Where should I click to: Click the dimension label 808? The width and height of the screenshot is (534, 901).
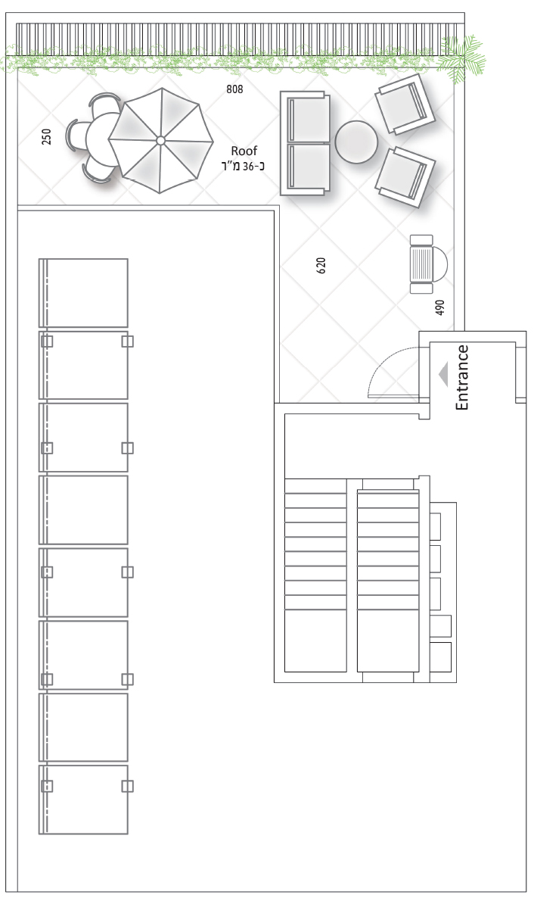[x=234, y=89]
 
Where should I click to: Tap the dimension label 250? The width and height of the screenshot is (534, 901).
[x=46, y=137]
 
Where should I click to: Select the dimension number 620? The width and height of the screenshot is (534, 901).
[x=321, y=265]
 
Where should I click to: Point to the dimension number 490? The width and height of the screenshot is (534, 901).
[x=440, y=308]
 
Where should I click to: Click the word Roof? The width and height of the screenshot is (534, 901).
[x=244, y=151]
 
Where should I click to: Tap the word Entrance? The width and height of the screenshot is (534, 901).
[x=462, y=378]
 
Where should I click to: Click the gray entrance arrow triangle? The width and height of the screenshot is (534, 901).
[x=443, y=375]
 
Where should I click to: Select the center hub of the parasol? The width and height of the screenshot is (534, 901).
[x=160, y=140]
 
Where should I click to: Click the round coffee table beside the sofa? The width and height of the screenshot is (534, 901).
[x=356, y=142]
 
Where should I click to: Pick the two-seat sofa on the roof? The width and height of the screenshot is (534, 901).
[x=306, y=143]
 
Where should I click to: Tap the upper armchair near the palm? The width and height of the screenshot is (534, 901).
[x=404, y=104]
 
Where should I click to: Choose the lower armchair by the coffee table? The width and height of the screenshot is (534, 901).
[x=405, y=176]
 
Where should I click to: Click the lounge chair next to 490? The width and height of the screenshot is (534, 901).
[x=428, y=264]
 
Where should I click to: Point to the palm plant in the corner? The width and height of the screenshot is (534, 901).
[x=461, y=58]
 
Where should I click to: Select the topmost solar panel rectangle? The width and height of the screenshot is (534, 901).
[x=83, y=293]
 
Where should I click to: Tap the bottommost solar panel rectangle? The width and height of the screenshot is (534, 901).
[x=83, y=800]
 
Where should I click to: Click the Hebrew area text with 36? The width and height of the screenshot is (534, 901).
[x=243, y=166]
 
